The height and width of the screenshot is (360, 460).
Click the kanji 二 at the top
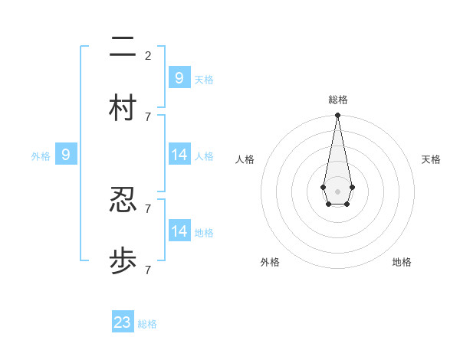coord(123,47)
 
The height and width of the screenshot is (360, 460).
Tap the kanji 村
coord(123,108)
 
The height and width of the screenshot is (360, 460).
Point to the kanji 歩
coord(123,261)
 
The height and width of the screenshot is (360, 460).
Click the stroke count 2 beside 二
coord(147,55)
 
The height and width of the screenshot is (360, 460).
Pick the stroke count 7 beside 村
coord(147,116)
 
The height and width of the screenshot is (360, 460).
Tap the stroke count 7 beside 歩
coord(147,270)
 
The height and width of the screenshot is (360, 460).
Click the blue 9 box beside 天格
coord(179,77)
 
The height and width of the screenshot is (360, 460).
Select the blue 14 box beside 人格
coord(179,155)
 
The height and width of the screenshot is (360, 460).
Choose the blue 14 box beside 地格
coord(179,231)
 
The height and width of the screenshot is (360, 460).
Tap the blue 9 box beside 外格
coord(66,155)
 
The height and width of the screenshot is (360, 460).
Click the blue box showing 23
coord(123,322)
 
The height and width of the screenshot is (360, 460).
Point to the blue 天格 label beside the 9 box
coord(204,80)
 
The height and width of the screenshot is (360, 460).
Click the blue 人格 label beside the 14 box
coord(204,156)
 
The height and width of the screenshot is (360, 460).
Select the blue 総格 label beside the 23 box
coord(147,324)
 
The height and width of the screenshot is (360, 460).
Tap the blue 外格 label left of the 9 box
coord(41,156)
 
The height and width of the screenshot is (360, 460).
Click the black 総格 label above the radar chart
coord(337,100)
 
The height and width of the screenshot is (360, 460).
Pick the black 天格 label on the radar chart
coord(431,159)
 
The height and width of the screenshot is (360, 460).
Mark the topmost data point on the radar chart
coord(337,116)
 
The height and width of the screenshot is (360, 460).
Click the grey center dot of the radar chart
coord(337,190)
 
